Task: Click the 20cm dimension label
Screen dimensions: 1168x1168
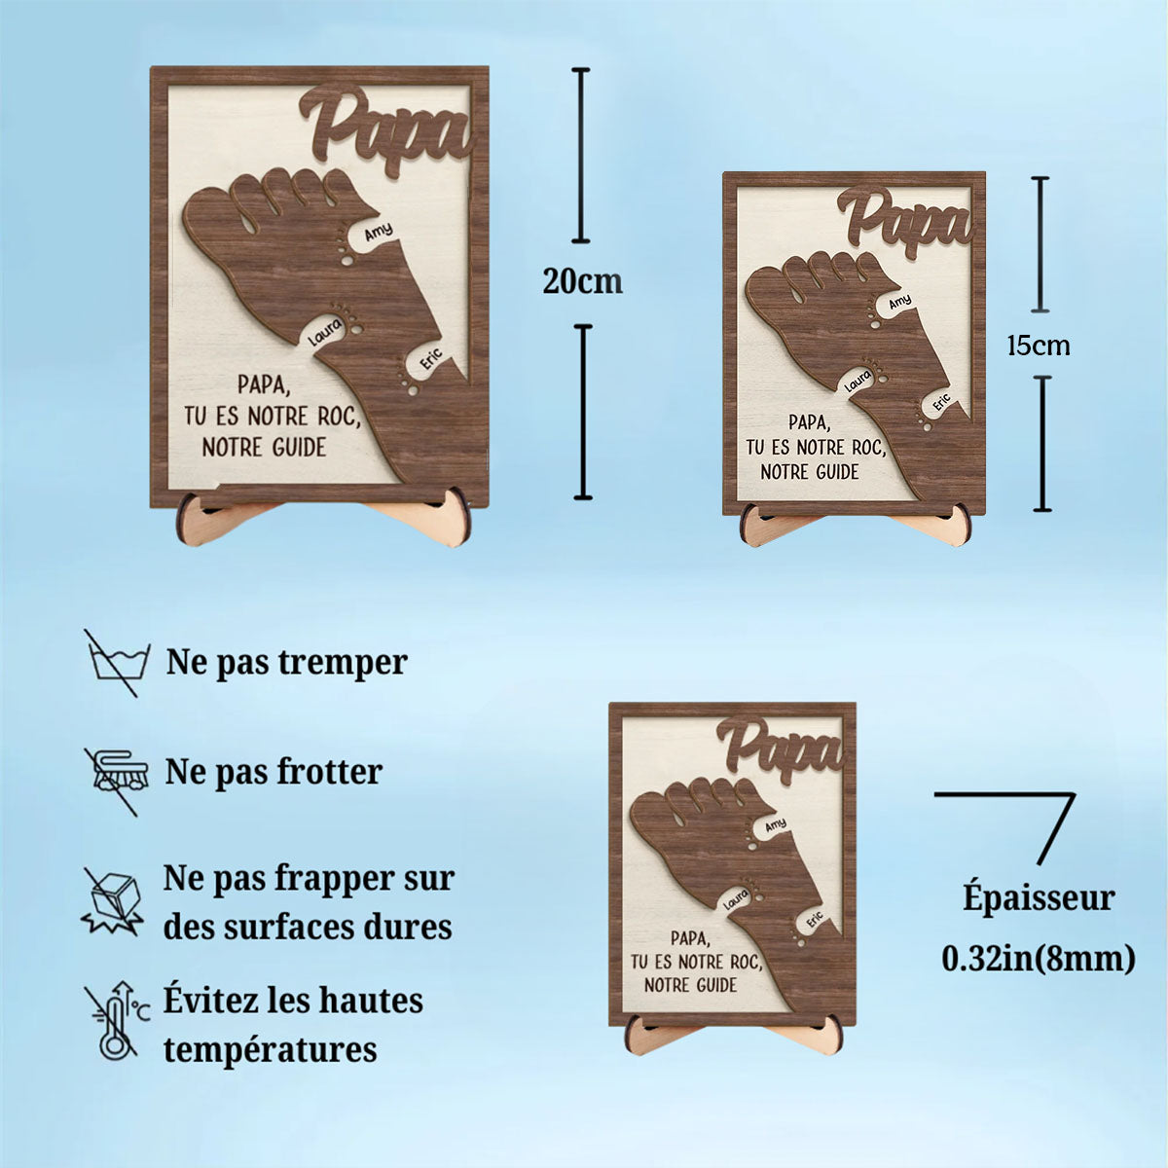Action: (x=582, y=282)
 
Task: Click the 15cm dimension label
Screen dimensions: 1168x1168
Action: (x=1038, y=345)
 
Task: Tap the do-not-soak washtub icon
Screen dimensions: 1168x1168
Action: (x=117, y=663)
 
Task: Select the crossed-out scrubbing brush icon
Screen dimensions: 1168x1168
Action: (x=117, y=774)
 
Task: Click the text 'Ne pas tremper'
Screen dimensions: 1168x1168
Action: (x=287, y=663)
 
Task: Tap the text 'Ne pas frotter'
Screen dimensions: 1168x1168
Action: (x=274, y=772)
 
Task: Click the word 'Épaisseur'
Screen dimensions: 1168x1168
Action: (x=1039, y=897)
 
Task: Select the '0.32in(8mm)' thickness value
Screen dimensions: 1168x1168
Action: (x=1039, y=959)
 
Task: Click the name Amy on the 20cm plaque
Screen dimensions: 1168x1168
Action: (x=378, y=232)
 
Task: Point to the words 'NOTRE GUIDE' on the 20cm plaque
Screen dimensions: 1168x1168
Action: (x=264, y=448)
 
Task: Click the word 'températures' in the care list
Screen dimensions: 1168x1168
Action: (x=270, y=1049)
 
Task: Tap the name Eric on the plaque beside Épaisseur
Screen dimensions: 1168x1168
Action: (x=814, y=919)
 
